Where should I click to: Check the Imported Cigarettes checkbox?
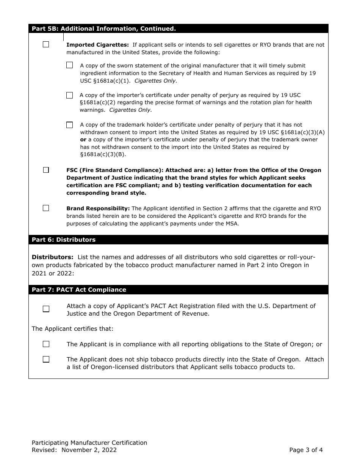tap(46, 44)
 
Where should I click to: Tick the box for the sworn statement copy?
tap(69, 65)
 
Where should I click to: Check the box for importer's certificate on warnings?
tap(69, 95)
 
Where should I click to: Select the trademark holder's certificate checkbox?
tap(69, 125)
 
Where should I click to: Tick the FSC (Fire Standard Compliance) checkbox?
tap(46, 170)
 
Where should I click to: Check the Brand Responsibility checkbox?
tap(46, 208)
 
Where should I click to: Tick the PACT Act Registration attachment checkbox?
tap(46, 309)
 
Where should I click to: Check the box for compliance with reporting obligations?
tap(46, 344)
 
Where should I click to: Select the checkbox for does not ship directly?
tap(46, 359)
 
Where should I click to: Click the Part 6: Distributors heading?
tap(64, 240)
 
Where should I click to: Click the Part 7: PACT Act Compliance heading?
tap(79, 290)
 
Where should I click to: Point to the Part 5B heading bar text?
tap(103, 29)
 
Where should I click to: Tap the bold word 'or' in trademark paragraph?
tap(83, 139)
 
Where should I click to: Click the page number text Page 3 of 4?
tap(306, 450)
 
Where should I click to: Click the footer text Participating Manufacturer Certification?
tap(89, 443)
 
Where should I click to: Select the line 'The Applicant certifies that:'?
tap(72, 329)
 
